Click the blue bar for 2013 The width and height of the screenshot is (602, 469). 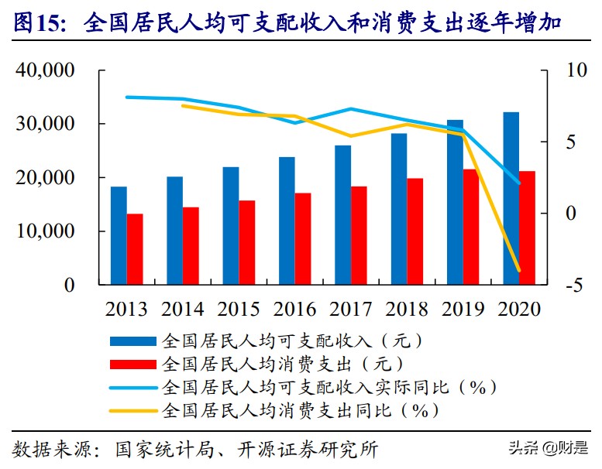[x=118, y=235]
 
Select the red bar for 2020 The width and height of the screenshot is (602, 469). [x=527, y=228]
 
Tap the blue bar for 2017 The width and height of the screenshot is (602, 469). [x=342, y=214]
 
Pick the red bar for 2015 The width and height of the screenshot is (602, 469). [x=246, y=242]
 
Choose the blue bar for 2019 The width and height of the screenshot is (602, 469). [x=455, y=202]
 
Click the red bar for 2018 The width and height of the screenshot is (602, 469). [x=415, y=231]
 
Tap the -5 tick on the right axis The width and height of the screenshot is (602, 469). [x=575, y=286]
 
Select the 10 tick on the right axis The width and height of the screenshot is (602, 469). [x=577, y=70]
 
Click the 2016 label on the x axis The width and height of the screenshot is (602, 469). [x=294, y=309]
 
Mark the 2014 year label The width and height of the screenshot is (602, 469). [x=183, y=309]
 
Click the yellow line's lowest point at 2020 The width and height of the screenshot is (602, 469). [x=519, y=271]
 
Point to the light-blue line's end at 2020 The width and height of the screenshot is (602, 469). [x=519, y=183]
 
